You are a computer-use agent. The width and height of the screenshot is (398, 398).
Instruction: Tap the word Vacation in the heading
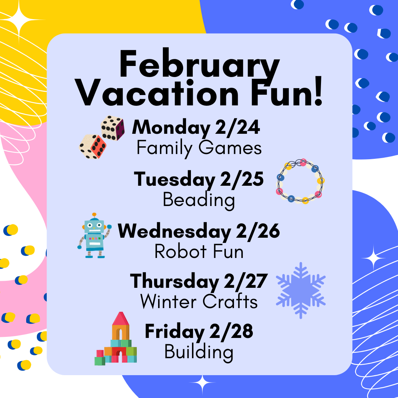pyautogui.click(x=157, y=93)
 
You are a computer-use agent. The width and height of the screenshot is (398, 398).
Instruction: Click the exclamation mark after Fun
pyautogui.click(x=318, y=91)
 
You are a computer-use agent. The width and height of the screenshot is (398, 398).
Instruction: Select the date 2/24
pyautogui.click(x=238, y=128)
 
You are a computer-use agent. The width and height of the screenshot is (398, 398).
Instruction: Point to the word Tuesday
pyautogui.click(x=175, y=179)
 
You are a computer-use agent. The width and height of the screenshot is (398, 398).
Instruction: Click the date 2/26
pyautogui.click(x=258, y=231)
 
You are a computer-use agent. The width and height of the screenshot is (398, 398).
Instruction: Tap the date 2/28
pyautogui.click(x=231, y=332)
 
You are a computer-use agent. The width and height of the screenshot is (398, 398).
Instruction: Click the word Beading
pyautogui.click(x=199, y=200)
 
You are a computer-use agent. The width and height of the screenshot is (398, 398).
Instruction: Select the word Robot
pyautogui.click(x=181, y=252)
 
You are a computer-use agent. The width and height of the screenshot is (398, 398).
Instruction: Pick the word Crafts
pyautogui.click(x=230, y=301)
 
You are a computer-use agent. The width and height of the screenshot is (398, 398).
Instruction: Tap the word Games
pyautogui.click(x=230, y=148)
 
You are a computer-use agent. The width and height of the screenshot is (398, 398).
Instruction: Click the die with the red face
pyautogui.click(x=92, y=147)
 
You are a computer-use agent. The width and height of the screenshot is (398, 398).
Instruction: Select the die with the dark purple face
pyautogui.click(x=113, y=128)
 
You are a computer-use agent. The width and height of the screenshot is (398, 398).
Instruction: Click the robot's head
pyautogui.click(x=94, y=226)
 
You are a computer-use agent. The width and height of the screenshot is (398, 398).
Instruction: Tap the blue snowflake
pyautogui.click(x=301, y=290)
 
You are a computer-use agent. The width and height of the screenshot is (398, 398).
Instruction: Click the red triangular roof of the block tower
pyautogui.click(x=121, y=318)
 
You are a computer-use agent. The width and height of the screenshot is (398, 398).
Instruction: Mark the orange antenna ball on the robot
pyautogui.click(x=94, y=215)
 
